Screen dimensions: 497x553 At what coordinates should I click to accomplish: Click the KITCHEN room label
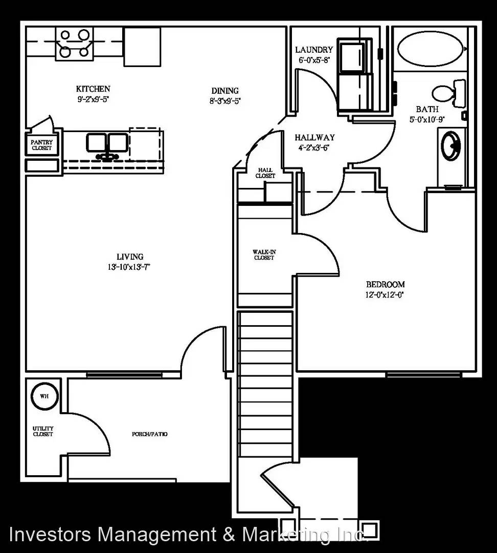point(93,89)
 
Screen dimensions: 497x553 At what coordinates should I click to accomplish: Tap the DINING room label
point(225,91)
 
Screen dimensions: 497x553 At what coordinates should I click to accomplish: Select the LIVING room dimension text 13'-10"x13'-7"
point(129,267)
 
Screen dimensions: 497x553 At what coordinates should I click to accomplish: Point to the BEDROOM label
point(386,284)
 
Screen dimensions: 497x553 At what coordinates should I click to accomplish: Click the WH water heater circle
point(44,396)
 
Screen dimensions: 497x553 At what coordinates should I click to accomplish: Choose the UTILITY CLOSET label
point(43,431)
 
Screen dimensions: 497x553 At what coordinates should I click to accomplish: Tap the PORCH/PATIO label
point(150,434)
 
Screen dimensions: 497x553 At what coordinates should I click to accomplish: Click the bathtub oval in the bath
point(431,49)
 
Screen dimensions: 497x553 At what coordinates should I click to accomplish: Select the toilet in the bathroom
point(448,94)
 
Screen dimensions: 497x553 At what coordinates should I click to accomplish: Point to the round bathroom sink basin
point(451,145)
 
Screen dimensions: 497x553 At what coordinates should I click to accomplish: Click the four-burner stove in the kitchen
point(75,44)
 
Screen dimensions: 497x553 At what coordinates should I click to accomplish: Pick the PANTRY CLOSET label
point(42,145)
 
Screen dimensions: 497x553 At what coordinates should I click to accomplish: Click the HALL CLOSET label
point(265,173)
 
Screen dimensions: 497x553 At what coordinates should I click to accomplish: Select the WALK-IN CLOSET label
point(264,254)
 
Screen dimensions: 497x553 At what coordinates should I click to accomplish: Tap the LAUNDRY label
point(314,50)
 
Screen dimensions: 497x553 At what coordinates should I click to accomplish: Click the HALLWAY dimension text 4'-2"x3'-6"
point(314,148)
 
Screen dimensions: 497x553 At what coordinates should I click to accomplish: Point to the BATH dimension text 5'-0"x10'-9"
point(427,119)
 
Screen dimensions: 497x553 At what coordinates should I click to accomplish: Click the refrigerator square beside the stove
point(142,47)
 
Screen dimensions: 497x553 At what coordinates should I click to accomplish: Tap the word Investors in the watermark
point(50,534)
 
